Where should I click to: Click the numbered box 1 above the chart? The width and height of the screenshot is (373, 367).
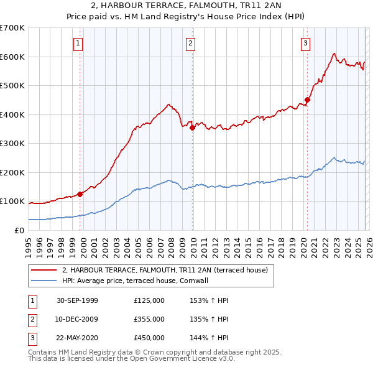click(78, 43)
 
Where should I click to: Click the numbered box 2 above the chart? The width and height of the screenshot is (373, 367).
click(190, 43)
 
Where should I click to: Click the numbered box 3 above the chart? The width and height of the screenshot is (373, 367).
click(306, 43)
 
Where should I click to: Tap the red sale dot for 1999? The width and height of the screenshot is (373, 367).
click(80, 194)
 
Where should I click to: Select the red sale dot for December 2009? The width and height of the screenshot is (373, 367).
click(192, 128)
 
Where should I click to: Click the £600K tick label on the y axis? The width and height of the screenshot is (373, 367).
click(12, 57)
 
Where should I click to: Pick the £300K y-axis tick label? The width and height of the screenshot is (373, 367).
click(12, 144)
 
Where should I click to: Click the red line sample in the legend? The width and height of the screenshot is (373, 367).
click(44, 270)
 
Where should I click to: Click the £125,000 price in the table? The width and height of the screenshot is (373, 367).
click(149, 300)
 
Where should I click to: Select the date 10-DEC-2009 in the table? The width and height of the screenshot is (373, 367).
click(77, 319)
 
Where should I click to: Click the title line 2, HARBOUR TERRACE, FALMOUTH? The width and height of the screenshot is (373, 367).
click(186, 7)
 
